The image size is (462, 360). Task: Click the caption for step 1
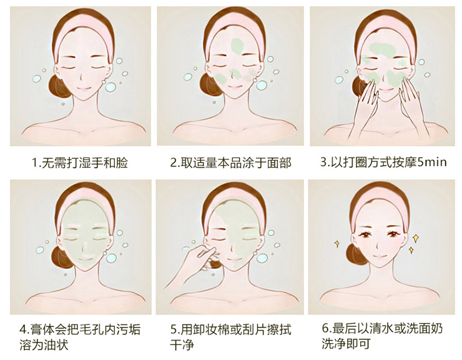pyautogui.click(x=79, y=162)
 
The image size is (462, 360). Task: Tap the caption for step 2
pyautogui.click(x=231, y=162)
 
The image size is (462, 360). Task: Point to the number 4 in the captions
pyautogui.click(x=22, y=329)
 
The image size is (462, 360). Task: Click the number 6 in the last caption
pyautogui.click(x=325, y=328)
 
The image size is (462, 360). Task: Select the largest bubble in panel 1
pyautogui.click(x=111, y=87)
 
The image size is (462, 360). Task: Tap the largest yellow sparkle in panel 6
pyautogui.click(x=415, y=238)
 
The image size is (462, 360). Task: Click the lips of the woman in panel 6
pyautogui.click(x=379, y=256)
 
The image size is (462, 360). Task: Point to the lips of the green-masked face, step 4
pyautogui.click(x=84, y=259)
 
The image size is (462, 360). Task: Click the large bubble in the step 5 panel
pyautogui.click(x=262, y=258)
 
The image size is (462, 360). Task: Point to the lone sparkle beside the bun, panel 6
pyautogui.click(x=337, y=244)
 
